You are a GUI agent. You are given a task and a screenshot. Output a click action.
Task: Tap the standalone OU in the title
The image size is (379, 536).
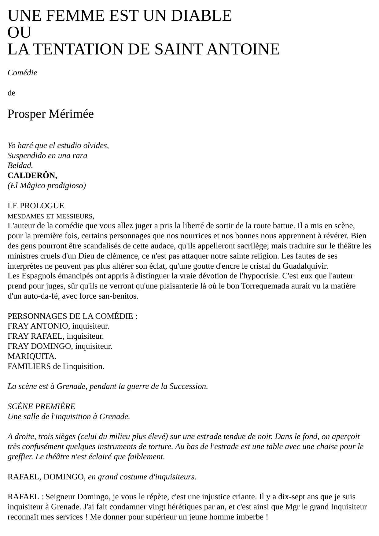pos(19,32)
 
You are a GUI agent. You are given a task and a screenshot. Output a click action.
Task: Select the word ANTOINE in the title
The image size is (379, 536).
pos(243,49)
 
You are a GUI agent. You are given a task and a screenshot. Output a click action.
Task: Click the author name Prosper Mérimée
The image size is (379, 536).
pos(50,114)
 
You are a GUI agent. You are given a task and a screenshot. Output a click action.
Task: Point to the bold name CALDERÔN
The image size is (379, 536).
pos(32,176)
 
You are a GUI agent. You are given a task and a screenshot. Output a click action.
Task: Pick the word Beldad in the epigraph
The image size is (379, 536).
pos(20,166)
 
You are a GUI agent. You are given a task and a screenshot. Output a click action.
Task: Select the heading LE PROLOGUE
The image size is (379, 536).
pos(36,206)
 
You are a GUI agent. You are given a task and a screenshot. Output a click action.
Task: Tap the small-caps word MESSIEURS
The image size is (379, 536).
pos(74,216)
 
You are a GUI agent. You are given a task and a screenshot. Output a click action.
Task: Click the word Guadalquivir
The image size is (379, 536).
pos(305,266)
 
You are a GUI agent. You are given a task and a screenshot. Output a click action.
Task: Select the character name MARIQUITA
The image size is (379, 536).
pos(32,356)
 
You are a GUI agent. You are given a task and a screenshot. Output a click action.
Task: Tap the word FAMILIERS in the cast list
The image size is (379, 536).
pos(29,366)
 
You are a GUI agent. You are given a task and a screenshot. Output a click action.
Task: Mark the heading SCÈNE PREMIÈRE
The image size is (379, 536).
pos(41,406)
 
